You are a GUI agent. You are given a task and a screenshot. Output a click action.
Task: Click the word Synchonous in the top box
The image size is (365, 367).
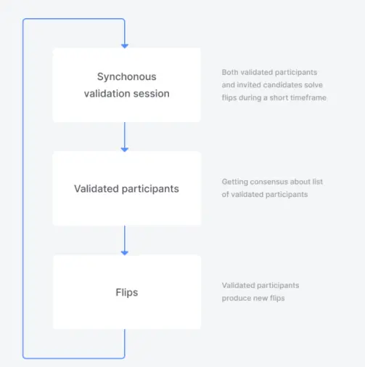point(127,77)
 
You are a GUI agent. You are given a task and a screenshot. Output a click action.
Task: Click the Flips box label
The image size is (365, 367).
point(127,292)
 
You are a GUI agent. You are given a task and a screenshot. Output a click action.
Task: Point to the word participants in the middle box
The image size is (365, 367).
point(150,189)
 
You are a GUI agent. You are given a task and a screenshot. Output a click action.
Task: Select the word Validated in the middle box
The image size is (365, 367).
point(97,189)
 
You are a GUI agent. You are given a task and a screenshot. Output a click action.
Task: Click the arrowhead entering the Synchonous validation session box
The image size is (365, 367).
point(125,46)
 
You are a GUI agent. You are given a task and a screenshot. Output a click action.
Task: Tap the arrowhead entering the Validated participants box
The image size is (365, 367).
point(125,150)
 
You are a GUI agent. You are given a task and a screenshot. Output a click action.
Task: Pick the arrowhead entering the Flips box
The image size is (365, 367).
point(125,253)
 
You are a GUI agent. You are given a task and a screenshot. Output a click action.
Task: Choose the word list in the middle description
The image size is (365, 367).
point(318,182)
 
